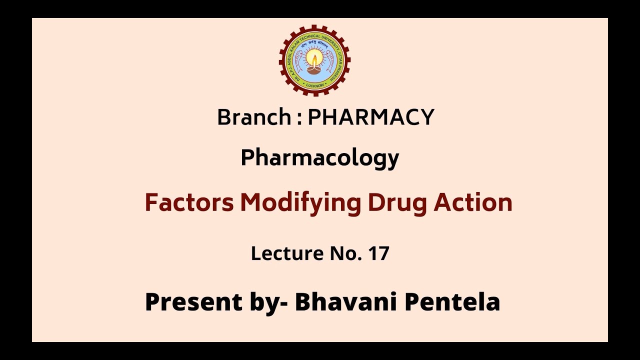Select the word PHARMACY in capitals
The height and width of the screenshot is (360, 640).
click(x=370, y=117)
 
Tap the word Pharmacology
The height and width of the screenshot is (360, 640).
click(x=320, y=158)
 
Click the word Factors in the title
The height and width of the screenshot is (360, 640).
click(x=189, y=202)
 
